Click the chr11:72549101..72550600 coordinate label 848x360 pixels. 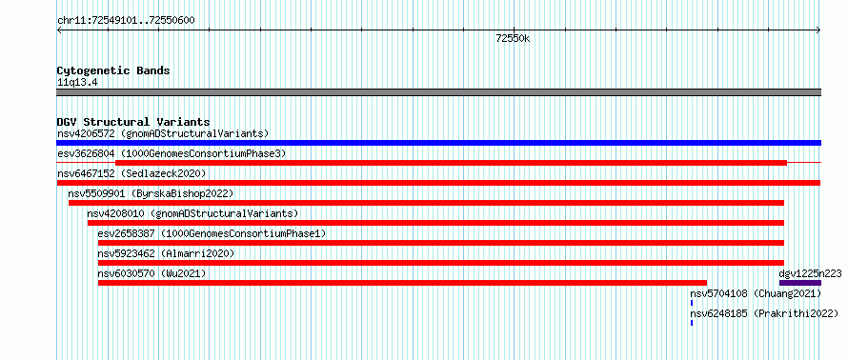pos(126,21)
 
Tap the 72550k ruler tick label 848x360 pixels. pos(513,38)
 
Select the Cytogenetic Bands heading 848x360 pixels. pos(113,70)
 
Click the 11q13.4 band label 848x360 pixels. pos(77,83)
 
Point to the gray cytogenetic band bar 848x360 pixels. pos(438,92)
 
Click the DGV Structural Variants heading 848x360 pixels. pos(133,122)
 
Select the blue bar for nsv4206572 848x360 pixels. pos(438,143)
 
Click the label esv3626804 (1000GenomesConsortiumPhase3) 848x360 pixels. pos(172,154)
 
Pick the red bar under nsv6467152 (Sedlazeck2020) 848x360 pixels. pos(438,183)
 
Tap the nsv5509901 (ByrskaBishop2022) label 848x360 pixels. pos(151,193)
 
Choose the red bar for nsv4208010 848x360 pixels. pos(435,223)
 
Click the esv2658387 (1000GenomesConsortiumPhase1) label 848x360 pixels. pos(212,233)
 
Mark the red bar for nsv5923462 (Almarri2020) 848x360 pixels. pos(441,263)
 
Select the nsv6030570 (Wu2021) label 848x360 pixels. pos(151,273)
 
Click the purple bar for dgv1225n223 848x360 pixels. pos(800,283)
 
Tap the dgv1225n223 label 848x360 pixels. pos(810,273)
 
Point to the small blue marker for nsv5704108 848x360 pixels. pos(692,303)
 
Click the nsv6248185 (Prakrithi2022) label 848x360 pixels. pos(765,313)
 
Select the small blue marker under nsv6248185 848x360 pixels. pos(692,323)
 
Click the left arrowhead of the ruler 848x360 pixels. pos(57,30)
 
